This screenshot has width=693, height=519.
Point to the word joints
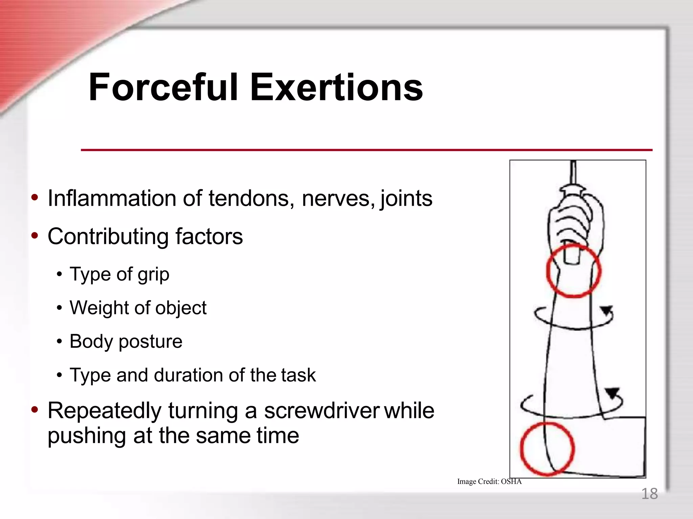[x=406, y=199]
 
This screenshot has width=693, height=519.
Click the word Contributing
[x=108, y=236]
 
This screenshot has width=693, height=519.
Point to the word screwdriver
[x=322, y=411]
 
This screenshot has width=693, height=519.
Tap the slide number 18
[x=649, y=494]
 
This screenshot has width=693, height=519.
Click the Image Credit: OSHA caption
[x=489, y=481]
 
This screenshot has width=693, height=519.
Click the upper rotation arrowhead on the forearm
[x=606, y=310]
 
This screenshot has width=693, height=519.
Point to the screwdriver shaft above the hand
[x=573, y=172]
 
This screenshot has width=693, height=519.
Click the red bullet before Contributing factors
[x=35, y=236]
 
